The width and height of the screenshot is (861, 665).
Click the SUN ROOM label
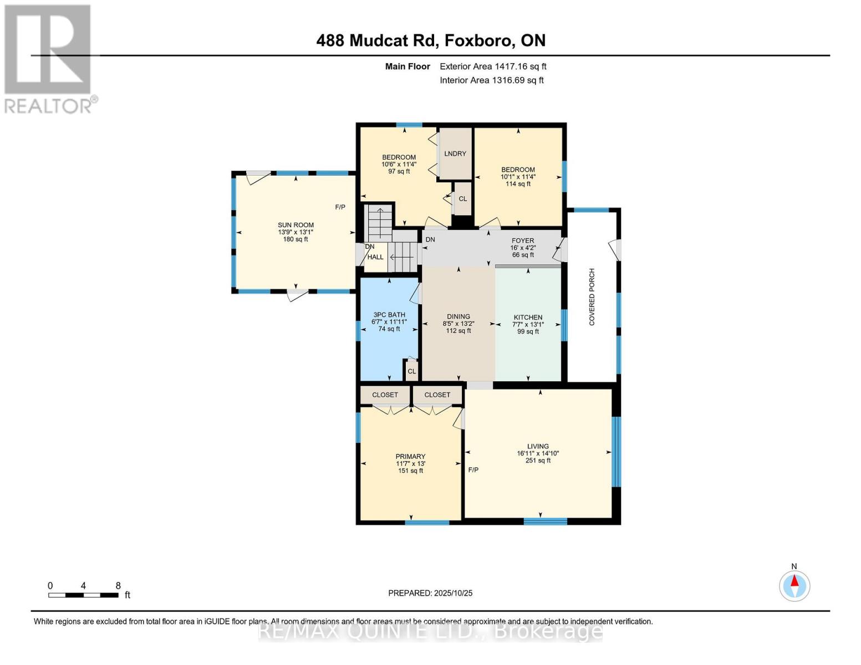(x=296, y=225)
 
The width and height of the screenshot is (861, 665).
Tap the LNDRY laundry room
(x=455, y=154)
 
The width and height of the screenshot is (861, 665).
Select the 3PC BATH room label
(x=389, y=315)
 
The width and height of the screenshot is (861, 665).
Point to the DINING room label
(x=458, y=316)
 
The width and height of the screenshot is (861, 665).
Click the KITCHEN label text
(x=528, y=318)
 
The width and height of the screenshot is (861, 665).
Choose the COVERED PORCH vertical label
(x=592, y=297)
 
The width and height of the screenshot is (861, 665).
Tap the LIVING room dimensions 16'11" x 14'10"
(x=538, y=453)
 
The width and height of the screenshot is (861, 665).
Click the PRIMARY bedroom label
(x=410, y=457)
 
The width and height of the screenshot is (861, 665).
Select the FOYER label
(x=523, y=241)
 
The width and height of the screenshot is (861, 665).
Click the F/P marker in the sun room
(x=340, y=207)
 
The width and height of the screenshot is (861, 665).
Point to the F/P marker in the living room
(x=473, y=470)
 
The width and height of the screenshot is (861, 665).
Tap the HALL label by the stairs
(x=375, y=257)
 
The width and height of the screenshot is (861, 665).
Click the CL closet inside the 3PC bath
(x=411, y=371)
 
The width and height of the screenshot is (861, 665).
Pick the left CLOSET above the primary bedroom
(x=385, y=395)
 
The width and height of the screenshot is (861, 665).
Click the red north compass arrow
(x=794, y=581)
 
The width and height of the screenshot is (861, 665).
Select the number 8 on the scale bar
(x=118, y=586)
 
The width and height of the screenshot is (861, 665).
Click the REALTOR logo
(x=49, y=58)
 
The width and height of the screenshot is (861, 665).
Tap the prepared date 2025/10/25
(x=453, y=593)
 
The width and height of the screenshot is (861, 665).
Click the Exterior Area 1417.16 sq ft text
(x=493, y=66)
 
